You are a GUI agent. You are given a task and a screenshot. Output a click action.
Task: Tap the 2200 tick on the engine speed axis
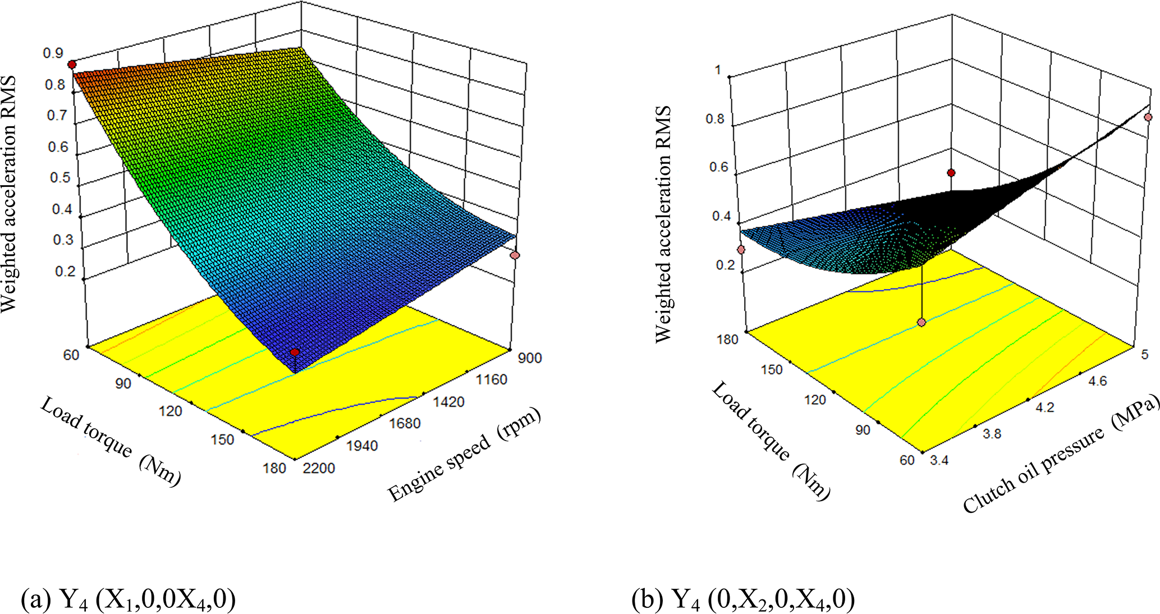(x=319, y=468)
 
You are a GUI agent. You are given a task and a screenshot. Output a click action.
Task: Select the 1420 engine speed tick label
(x=448, y=402)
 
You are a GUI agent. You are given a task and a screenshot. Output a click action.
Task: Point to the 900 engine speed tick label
(x=530, y=358)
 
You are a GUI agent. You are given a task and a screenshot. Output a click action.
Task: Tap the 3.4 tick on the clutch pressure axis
(x=939, y=460)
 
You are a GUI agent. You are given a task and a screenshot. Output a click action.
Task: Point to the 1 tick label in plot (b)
(x=718, y=70)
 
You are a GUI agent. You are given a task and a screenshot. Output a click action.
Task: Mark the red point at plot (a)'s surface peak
(x=72, y=65)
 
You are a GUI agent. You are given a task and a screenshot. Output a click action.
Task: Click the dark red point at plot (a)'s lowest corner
(x=295, y=352)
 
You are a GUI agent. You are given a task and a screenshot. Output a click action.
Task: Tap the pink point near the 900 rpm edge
(x=515, y=255)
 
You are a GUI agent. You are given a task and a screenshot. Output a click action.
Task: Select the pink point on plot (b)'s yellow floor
(x=921, y=322)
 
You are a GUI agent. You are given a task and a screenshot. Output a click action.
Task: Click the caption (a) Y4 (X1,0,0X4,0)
(x=128, y=599)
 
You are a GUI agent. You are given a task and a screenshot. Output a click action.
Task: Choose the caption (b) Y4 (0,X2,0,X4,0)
(x=743, y=599)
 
